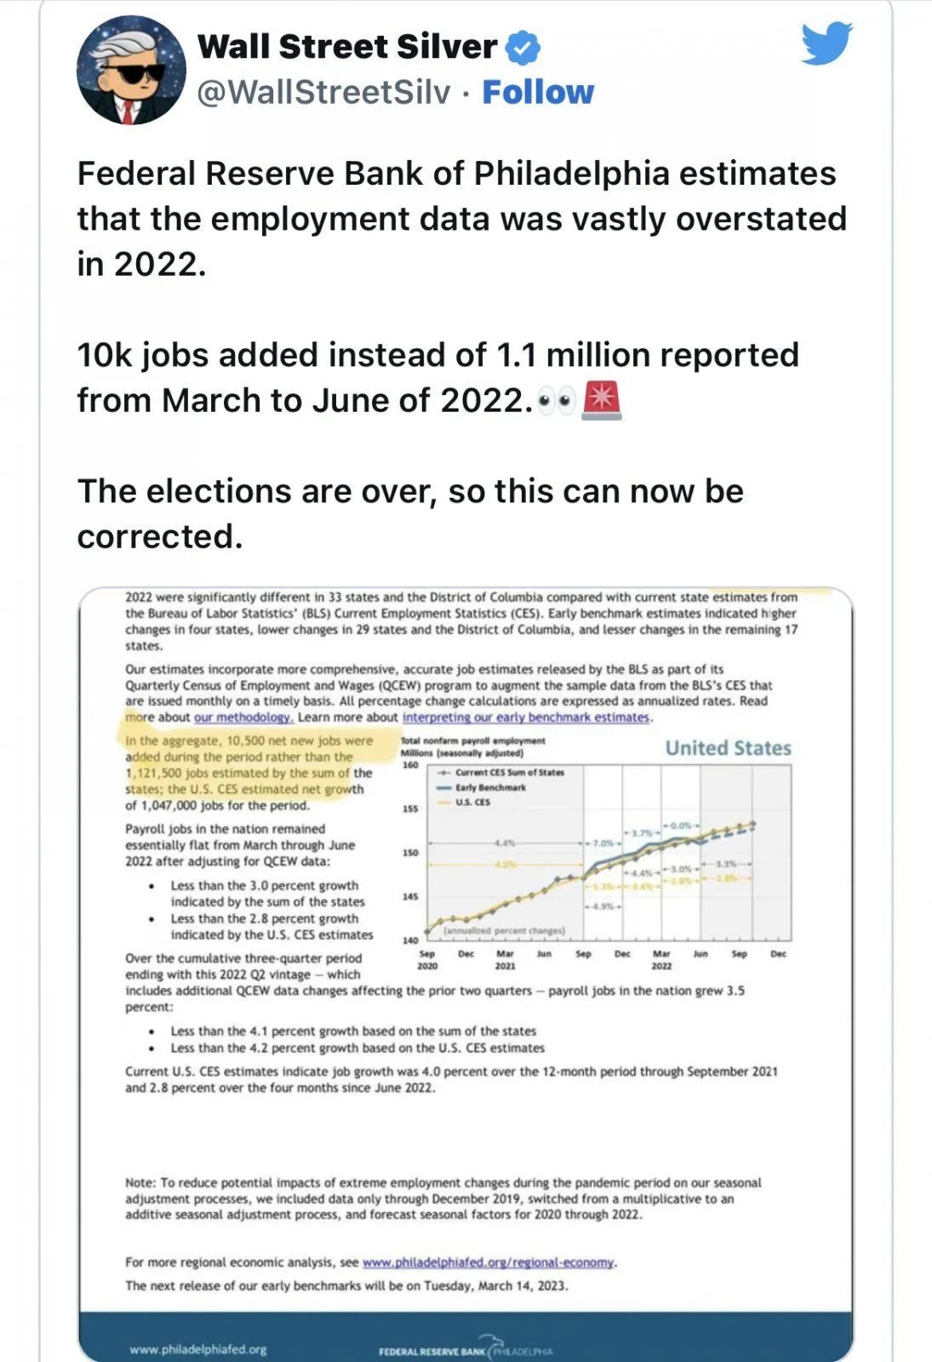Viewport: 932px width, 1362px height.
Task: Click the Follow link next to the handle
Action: point(538,92)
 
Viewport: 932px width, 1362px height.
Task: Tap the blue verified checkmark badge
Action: point(523,48)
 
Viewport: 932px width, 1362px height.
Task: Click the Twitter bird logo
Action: point(826,43)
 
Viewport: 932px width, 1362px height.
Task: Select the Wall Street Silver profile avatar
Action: point(131,71)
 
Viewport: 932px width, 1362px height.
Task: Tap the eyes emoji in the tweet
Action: point(557,401)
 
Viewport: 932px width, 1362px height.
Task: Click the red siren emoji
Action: point(601,401)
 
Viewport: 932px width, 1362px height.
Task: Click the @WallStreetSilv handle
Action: point(323,92)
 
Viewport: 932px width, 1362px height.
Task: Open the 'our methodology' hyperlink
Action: point(243,718)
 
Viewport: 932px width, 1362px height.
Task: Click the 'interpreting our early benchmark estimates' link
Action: point(525,718)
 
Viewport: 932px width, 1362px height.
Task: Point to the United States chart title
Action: point(728,748)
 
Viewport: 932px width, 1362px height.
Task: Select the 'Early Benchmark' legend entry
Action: point(489,787)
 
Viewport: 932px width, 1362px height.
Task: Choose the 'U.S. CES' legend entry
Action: point(472,802)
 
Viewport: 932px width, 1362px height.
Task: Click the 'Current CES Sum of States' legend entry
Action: point(509,773)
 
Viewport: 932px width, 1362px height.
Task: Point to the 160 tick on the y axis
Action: point(410,765)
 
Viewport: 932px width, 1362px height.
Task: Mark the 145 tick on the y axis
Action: point(410,896)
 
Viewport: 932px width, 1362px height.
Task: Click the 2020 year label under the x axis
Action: point(427,966)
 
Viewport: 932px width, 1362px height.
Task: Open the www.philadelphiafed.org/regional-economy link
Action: point(489,1262)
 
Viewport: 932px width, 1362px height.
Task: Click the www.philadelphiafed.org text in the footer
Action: point(197,1349)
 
